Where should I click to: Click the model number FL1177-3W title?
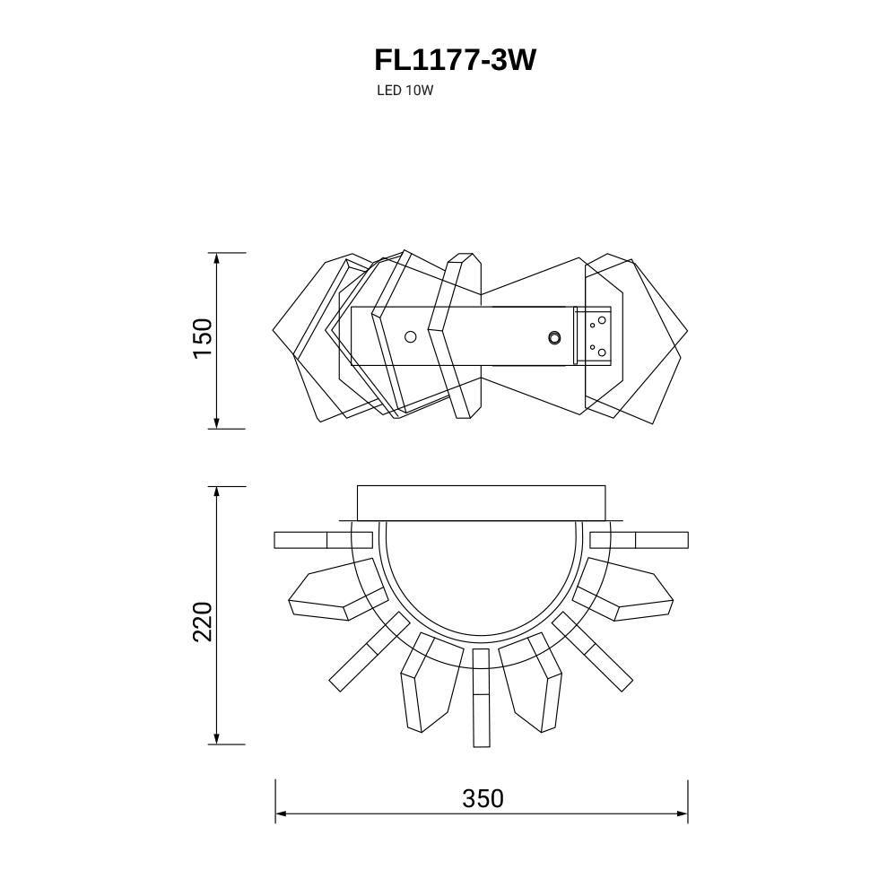tap(455, 60)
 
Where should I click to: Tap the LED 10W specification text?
tap(405, 91)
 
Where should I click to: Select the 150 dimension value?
tap(203, 338)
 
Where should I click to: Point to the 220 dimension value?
tap(203, 622)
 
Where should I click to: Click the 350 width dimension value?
tap(483, 798)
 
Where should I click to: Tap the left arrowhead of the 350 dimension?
tap(280, 814)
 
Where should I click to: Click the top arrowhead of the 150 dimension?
tap(216, 258)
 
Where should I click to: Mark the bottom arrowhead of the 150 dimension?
tap(216, 423)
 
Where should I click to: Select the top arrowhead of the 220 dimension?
tap(216, 492)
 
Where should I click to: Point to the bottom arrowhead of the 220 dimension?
tap(216, 738)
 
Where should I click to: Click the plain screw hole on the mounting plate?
tap(411, 337)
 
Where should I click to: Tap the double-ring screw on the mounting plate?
tap(553, 337)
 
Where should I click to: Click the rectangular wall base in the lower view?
tap(481, 503)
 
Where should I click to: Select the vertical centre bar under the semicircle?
tap(482, 698)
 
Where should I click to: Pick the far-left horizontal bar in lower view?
tap(323, 540)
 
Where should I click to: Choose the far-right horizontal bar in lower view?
tap(639, 540)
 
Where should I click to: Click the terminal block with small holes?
tap(593, 335)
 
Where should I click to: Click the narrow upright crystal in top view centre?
tap(455, 335)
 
